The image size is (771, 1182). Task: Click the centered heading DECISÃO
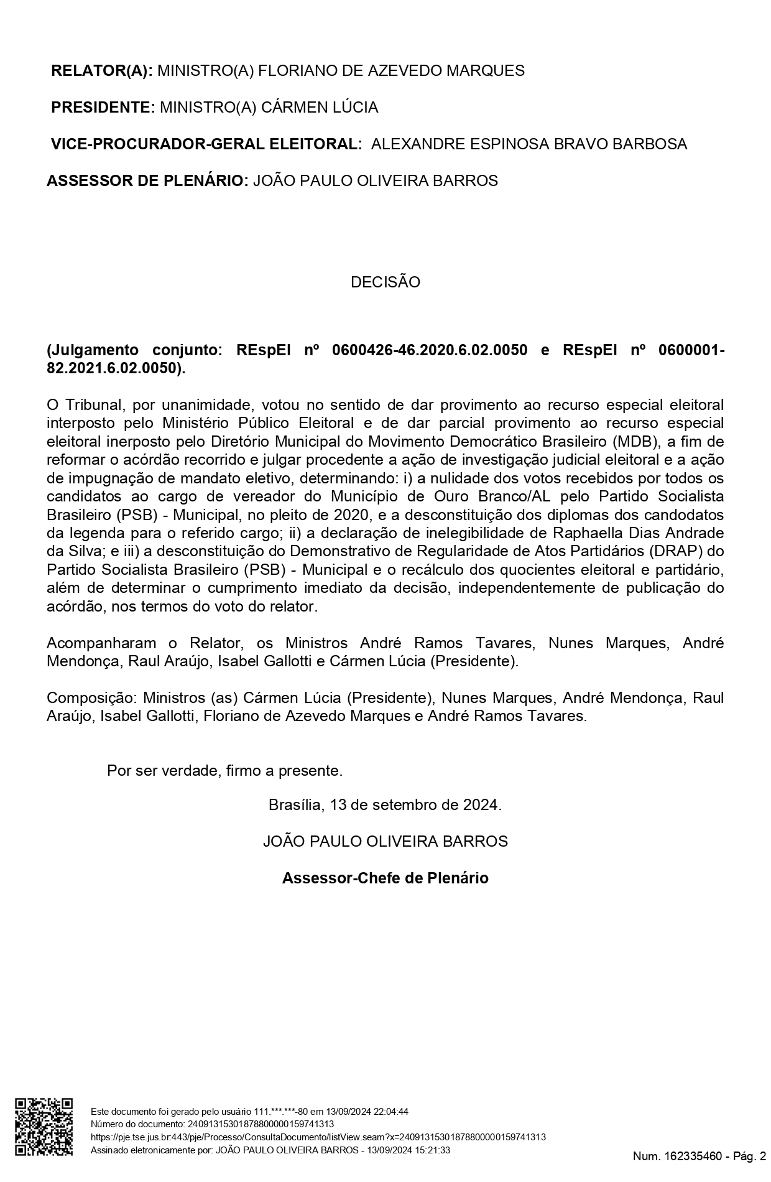tap(385, 282)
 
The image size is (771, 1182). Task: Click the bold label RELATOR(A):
tap(101, 71)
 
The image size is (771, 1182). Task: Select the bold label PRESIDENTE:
tap(103, 108)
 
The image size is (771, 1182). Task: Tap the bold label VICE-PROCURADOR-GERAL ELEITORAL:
tap(206, 144)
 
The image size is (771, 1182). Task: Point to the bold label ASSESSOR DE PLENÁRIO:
tap(147, 181)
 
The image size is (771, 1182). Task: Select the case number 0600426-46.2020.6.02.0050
tap(430, 350)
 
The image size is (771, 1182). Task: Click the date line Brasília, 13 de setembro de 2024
tap(385, 805)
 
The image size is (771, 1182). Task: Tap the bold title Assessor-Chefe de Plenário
tap(385, 878)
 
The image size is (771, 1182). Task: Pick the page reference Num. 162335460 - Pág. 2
tap(699, 1156)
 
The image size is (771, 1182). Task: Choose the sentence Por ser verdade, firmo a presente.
tap(224, 771)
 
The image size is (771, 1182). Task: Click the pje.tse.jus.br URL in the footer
tap(318, 1137)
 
